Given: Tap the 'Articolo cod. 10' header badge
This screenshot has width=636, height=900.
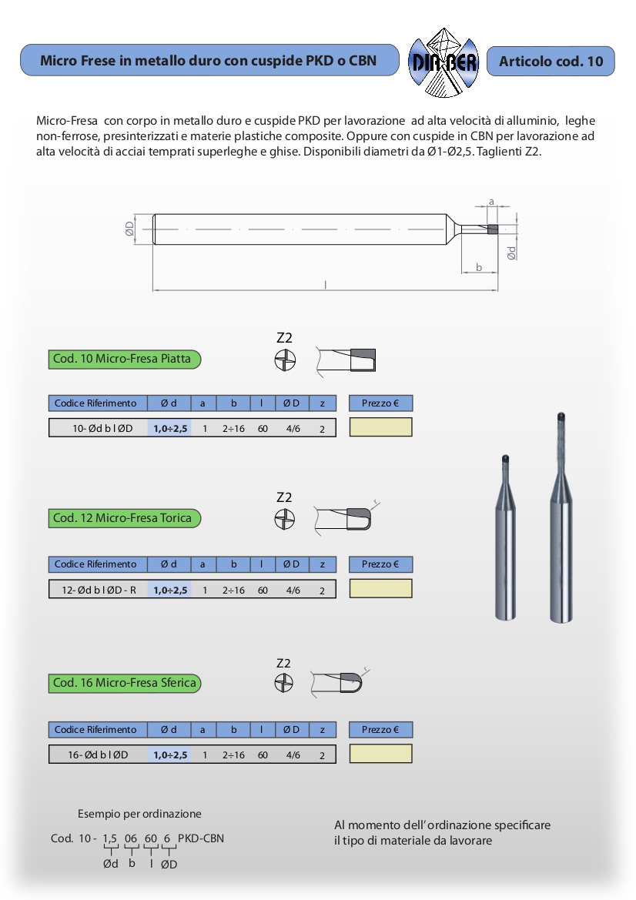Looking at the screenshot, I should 551,61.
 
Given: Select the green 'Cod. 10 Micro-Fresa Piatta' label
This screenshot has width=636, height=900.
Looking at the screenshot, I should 125,359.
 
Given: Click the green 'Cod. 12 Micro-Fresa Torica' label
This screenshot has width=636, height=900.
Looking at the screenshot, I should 125,518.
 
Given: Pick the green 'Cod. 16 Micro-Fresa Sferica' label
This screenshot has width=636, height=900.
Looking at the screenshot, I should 125,683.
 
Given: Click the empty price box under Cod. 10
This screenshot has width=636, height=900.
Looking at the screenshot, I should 380,427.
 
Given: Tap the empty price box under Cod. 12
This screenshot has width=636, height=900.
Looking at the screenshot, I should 380,589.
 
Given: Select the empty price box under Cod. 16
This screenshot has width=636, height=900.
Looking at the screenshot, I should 380,754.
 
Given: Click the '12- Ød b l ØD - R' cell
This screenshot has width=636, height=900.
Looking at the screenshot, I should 99,591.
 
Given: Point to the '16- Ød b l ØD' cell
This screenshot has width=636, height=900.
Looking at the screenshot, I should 99,755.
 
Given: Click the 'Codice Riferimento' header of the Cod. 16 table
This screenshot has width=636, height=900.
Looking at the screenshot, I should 95,730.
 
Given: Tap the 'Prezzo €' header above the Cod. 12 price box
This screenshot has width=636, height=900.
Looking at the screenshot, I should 380,564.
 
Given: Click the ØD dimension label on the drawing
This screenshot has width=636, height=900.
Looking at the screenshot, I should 129,229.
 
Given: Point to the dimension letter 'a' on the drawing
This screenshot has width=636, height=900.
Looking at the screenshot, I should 490,202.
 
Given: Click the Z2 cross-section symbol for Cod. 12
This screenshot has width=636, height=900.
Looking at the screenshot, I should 285,520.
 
